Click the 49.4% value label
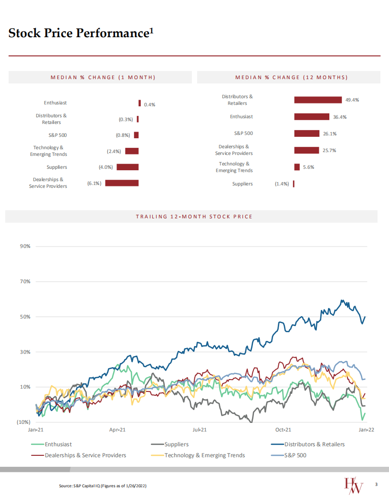[x=352, y=100]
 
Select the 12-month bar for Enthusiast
[x=312, y=117]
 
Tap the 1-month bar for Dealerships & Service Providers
[x=122, y=183]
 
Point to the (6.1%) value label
[x=94, y=183]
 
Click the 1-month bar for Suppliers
[x=127, y=167]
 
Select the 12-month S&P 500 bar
[x=306, y=133]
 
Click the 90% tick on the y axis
[x=25, y=246]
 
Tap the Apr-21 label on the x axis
[x=117, y=430]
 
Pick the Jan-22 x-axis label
[x=366, y=430]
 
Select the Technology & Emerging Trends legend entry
[x=204, y=455]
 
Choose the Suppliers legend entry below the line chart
[x=176, y=444]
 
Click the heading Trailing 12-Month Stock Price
[x=194, y=216]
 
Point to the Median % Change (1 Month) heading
[x=103, y=77]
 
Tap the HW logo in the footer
[x=354, y=485]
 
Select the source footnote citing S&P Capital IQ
[x=102, y=485]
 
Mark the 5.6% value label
[x=309, y=167]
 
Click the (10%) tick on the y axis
[x=23, y=422]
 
